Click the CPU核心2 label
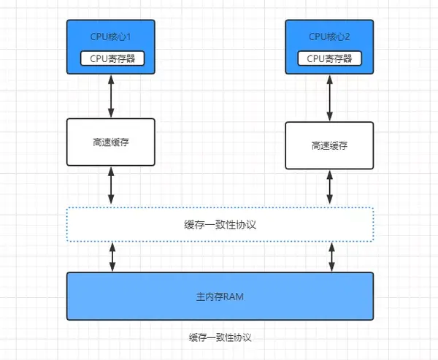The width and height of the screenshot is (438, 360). (328, 37)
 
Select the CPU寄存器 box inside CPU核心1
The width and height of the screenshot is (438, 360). (111, 58)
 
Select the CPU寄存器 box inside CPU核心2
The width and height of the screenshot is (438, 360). (329, 58)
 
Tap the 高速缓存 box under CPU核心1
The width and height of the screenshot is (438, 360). (111, 142)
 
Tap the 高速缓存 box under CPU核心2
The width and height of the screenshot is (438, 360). (329, 145)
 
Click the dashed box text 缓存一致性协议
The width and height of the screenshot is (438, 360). (220, 225)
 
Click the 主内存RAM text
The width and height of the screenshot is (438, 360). (220, 296)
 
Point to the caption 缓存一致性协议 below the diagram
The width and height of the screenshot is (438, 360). (220, 338)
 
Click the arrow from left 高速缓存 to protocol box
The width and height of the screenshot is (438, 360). (111, 186)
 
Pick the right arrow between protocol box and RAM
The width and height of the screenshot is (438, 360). (332, 256)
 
